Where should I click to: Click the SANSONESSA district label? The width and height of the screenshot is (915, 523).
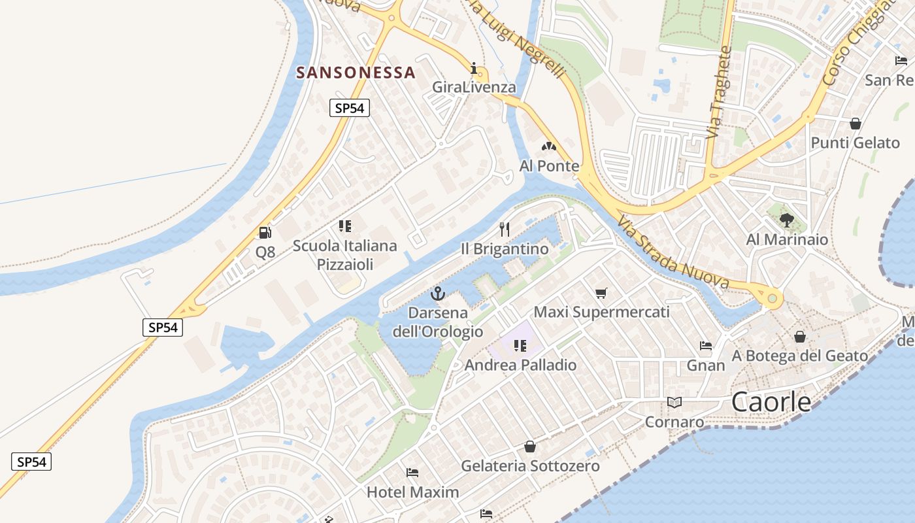click(x=356, y=73)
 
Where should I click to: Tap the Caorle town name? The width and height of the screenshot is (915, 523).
click(x=771, y=402)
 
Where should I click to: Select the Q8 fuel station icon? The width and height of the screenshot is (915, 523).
click(x=265, y=232)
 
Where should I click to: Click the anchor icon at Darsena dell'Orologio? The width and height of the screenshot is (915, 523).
click(x=438, y=294)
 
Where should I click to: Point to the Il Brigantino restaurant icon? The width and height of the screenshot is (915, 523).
click(x=504, y=229)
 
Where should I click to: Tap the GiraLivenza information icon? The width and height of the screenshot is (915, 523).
click(x=474, y=68)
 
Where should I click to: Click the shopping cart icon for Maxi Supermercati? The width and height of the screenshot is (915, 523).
click(x=601, y=293)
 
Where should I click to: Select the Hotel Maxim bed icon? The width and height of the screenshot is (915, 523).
click(x=412, y=472)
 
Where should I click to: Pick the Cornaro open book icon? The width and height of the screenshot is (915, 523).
click(x=674, y=402)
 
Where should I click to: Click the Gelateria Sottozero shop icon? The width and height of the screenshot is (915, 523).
click(x=529, y=447)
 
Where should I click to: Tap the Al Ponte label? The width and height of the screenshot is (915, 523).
click(x=549, y=166)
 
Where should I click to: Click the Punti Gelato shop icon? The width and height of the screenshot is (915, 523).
click(x=855, y=124)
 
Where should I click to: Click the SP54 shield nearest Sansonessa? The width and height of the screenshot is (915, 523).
click(x=349, y=108)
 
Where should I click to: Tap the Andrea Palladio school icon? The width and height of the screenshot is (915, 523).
click(x=520, y=345)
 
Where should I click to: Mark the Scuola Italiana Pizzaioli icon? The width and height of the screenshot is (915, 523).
click(x=344, y=226)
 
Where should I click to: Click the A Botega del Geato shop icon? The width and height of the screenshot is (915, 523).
click(x=799, y=337)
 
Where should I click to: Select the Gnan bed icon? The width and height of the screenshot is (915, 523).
click(x=705, y=345)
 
